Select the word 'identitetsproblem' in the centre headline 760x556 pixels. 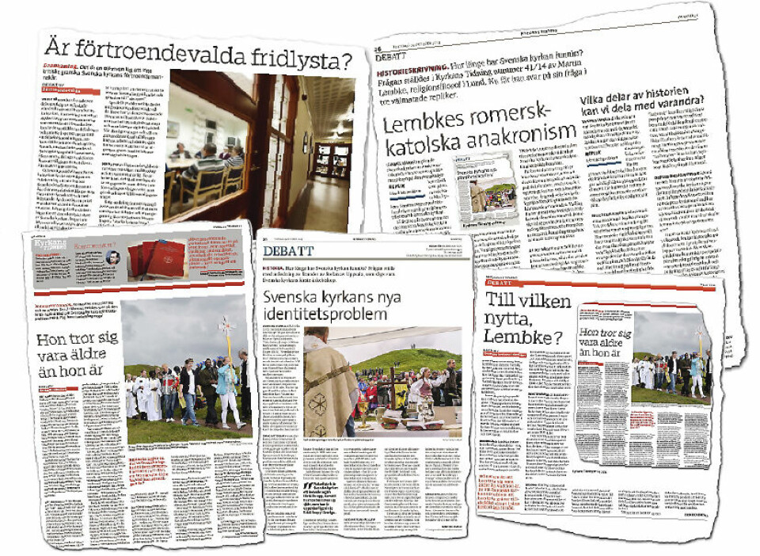point(326,314)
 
